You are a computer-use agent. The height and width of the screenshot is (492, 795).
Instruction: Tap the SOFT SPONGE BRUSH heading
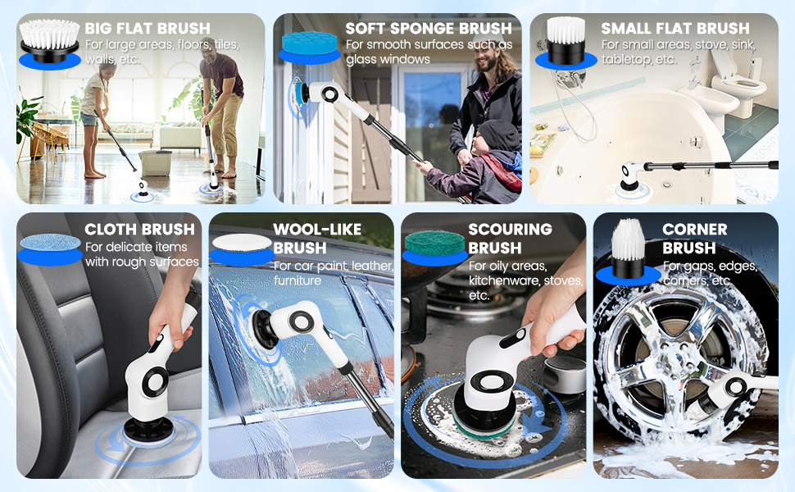[429, 29]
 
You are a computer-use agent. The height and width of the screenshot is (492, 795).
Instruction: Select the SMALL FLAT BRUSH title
[675, 29]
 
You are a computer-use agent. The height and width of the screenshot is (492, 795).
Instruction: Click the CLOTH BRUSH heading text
[140, 230]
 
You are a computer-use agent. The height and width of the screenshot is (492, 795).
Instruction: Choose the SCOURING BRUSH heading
[510, 238]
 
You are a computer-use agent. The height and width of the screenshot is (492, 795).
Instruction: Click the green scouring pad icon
[434, 242]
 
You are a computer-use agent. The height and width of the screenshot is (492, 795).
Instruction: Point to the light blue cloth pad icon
[49, 244]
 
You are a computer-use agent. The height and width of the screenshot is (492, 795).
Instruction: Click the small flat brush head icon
[566, 41]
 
